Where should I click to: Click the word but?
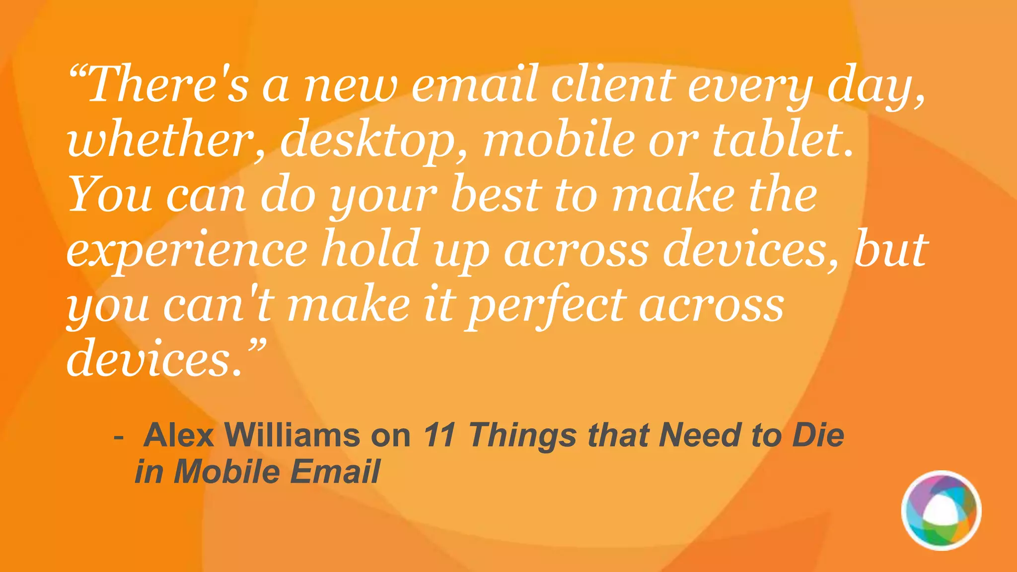pos(891,248)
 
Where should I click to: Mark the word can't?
pos(218,304)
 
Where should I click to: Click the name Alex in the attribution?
pos(179,435)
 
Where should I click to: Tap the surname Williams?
pos(293,435)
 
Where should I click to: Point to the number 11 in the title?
pos(440,435)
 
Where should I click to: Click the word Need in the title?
pos(700,435)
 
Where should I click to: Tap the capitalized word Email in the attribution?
pos(335,471)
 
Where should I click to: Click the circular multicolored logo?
pos(941,511)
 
